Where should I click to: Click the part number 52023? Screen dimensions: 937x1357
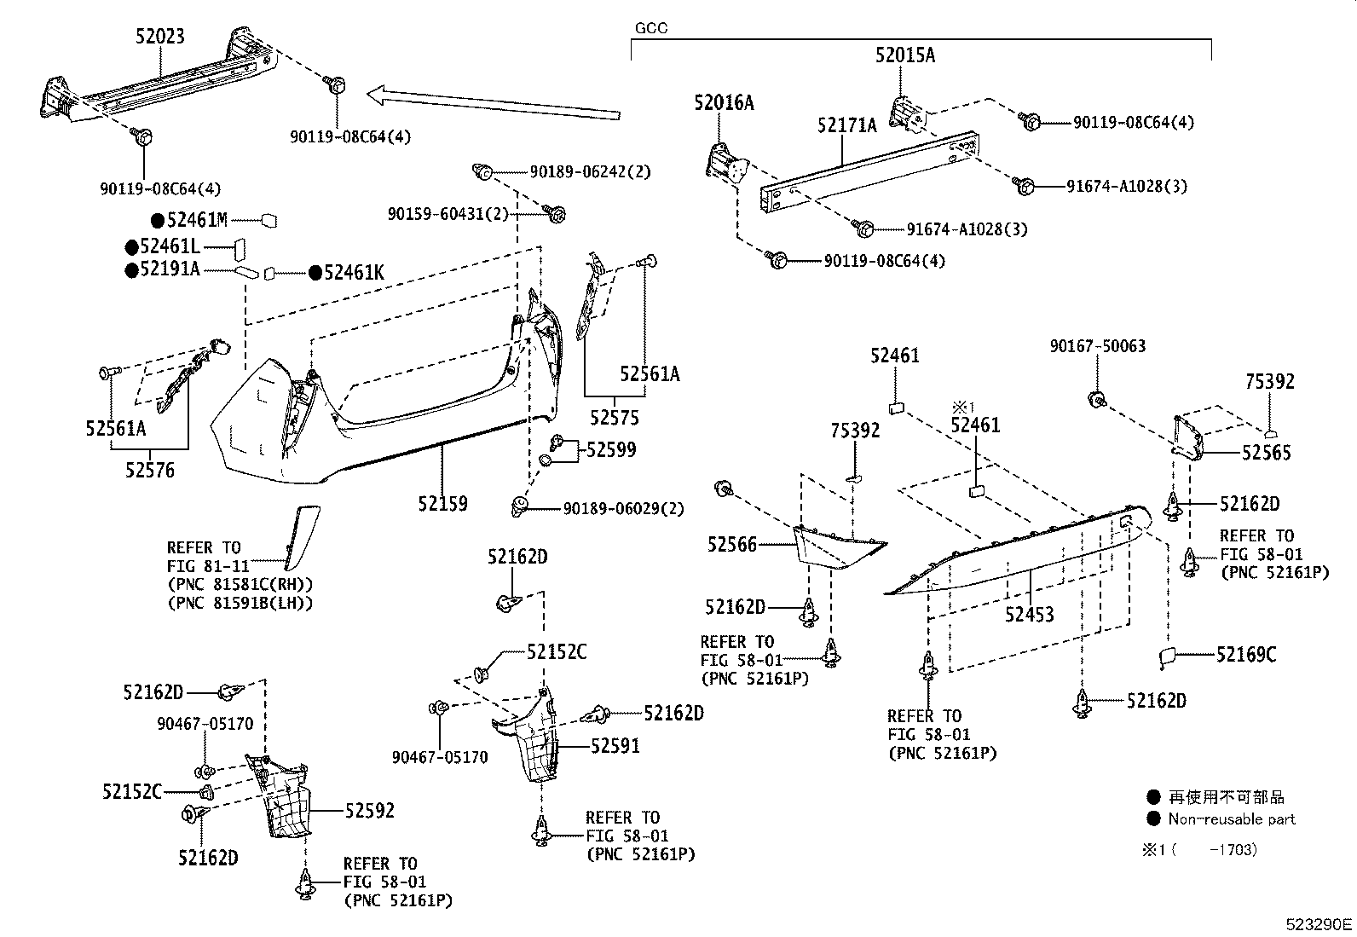click(x=159, y=37)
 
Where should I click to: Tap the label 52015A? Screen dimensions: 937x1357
click(x=904, y=55)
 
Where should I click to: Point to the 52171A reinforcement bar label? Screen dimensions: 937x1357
click(x=846, y=126)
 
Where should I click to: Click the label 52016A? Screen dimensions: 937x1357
click(x=724, y=103)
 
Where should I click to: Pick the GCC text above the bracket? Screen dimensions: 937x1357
click(x=651, y=28)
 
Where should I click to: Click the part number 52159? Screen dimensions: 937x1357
click(x=442, y=504)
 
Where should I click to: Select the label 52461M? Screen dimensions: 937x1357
click(x=197, y=221)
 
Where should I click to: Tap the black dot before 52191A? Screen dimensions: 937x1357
click(x=131, y=270)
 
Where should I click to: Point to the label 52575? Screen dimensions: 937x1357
click(x=614, y=418)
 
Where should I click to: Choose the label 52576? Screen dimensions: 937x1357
click(x=149, y=470)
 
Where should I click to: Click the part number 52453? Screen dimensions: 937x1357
click(x=1029, y=614)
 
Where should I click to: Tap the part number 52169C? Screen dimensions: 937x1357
click(x=1245, y=655)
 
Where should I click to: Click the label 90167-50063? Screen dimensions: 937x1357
click(x=1097, y=346)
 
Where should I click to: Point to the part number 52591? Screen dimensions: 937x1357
click(x=615, y=746)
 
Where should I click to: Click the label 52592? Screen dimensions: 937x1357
click(x=369, y=811)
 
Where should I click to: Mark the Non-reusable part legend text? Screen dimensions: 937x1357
click(x=1231, y=819)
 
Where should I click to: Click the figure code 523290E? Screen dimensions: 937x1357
click(x=1319, y=924)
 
